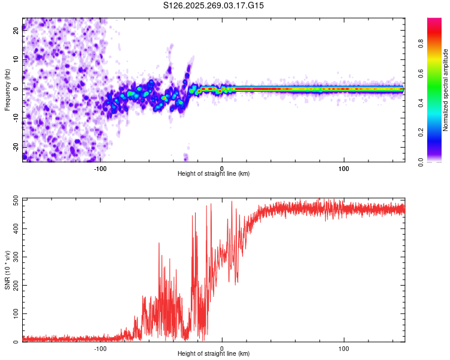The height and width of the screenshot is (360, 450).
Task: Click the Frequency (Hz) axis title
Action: (x=7, y=89)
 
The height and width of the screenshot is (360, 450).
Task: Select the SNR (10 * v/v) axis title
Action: (x=7, y=270)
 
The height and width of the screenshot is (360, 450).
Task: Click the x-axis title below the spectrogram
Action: (x=214, y=174)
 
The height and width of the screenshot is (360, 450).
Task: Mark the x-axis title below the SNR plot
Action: (x=214, y=355)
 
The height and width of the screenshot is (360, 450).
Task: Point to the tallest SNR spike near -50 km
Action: (x=159, y=243)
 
